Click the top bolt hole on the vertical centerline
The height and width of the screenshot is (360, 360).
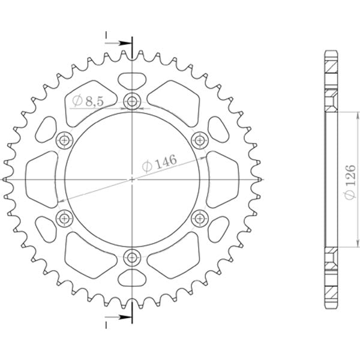tap(132, 100)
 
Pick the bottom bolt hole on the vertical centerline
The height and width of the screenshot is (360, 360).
tap(132, 259)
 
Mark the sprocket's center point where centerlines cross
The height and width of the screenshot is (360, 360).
tap(132, 179)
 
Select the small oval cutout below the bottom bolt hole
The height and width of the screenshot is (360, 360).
tap(132, 278)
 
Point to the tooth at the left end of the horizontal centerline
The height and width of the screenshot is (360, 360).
tap(5, 179)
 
